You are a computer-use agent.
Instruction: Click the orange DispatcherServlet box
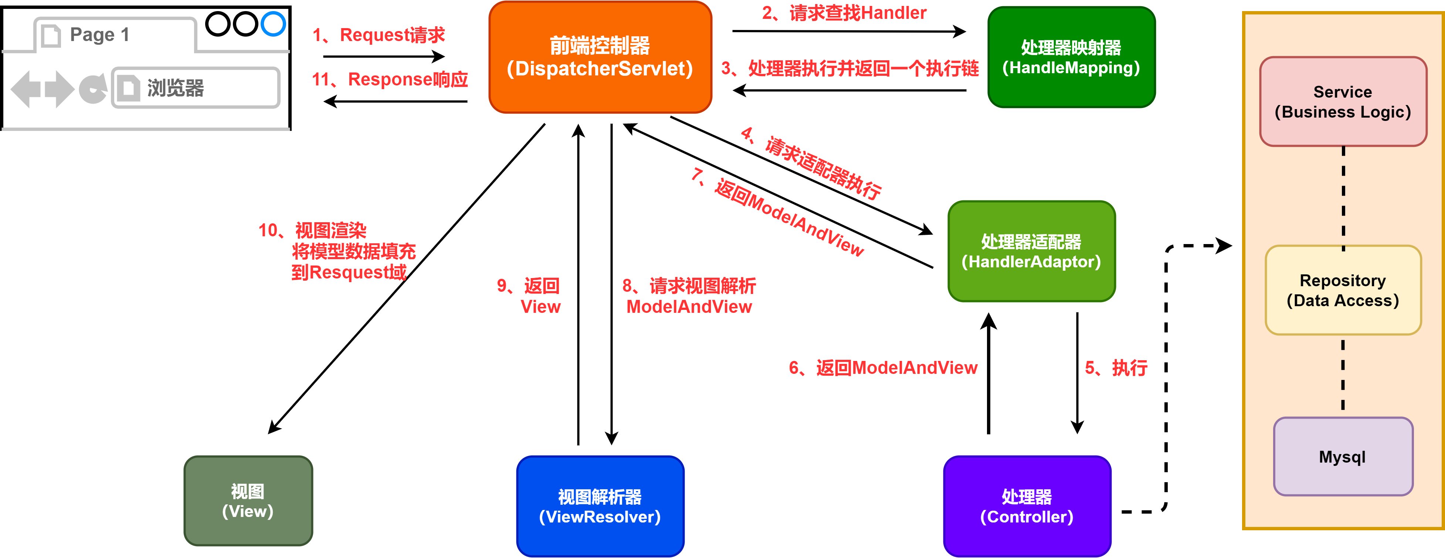[600, 57]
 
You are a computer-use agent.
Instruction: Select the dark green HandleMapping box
[1071, 57]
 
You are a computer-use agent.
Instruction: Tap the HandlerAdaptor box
[1031, 251]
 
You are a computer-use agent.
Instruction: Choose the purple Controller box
[1027, 506]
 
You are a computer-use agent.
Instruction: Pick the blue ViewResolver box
[600, 506]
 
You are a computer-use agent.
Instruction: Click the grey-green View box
[248, 500]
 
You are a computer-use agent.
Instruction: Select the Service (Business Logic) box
[1342, 102]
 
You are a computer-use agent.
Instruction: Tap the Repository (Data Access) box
[1342, 290]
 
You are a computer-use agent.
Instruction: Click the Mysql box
[1342, 456]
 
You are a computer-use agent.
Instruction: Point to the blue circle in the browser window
[273, 24]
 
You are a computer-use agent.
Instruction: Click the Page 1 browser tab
[100, 35]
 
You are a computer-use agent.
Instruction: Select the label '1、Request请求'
[378, 35]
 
